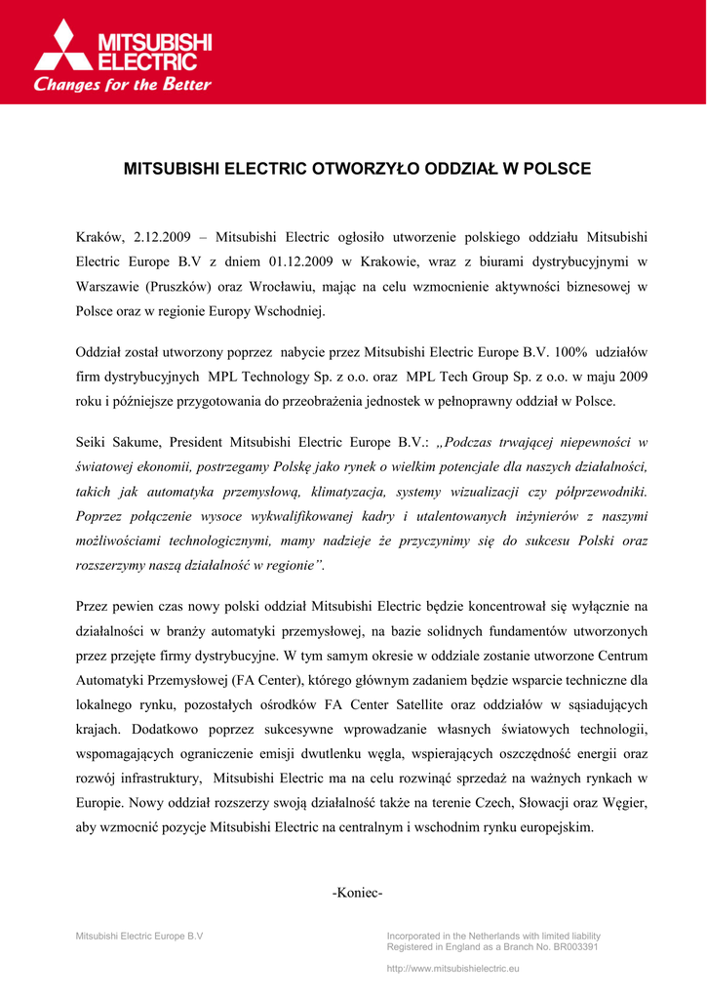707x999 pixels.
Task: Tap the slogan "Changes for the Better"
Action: pyautogui.click(x=123, y=85)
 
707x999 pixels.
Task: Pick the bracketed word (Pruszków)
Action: pyautogui.click(x=182, y=287)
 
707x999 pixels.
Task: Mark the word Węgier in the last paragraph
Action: pyautogui.click(x=624, y=802)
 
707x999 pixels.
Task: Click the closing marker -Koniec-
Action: pyautogui.click(x=358, y=894)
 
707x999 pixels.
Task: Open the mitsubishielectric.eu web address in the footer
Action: pyautogui.click(x=453, y=968)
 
